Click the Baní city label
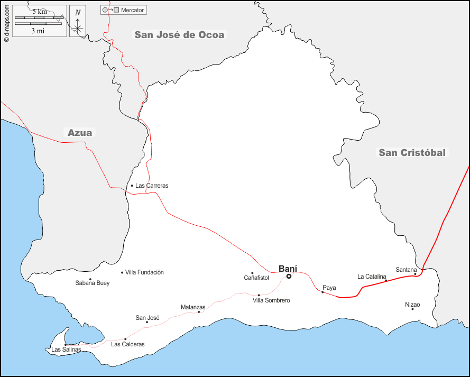coord(288,268)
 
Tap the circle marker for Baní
coord(289,276)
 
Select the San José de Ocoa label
coord(179,35)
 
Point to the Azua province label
coord(80,133)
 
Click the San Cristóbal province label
coord(412,153)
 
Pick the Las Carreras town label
coord(152,186)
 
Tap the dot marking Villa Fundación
coord(122,272)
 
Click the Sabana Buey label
coord(93,283)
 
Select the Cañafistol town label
coord(256,278)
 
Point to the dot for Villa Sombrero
coord(259,295)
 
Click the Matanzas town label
coord(193,307)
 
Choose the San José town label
coord(148,318)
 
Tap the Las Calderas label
coord(127,344)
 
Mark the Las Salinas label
coord(66,350)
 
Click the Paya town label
coord(329,288)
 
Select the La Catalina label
coord(372,277)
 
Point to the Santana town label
coord(406,270)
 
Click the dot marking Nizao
coord(412,309)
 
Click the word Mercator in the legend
coord(133,10)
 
